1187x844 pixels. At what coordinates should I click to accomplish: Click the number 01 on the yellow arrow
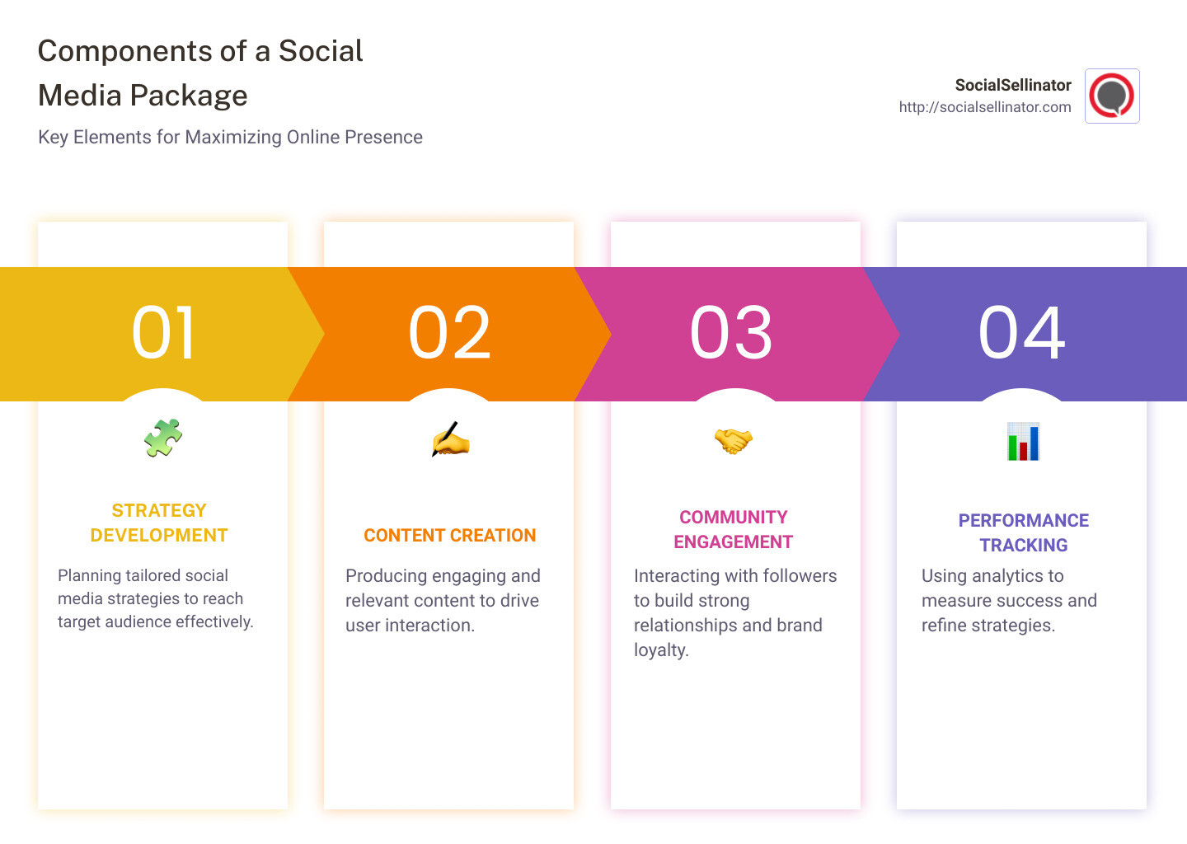coord(163,333)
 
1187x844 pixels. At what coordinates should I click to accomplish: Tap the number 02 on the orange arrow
coord(449,333)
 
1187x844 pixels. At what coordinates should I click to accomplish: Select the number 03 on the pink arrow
coord(731,333)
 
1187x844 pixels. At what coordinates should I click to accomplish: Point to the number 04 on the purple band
coord(1021,333)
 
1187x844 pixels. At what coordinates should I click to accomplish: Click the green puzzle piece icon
coord(163,438)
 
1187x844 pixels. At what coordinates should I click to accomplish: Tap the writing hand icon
coord(450,440)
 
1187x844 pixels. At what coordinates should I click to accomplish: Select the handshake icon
coord(734,441)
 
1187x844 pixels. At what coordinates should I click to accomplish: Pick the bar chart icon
coord(1023,442)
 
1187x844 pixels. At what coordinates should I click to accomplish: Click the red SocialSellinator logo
coord(1111,96)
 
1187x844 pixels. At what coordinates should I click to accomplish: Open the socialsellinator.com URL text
coord(985,107)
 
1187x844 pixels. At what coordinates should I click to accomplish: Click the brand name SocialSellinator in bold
coord(1012,85)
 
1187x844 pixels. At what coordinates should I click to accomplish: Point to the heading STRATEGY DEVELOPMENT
coord(159,523)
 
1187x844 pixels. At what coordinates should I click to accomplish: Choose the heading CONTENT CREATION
coord(450,536)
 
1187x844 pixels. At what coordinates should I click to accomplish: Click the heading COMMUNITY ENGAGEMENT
coord(734,529)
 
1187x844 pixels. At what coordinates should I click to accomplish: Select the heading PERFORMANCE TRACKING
coord(1023,532)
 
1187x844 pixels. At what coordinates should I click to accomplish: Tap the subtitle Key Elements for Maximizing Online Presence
coord(230,137)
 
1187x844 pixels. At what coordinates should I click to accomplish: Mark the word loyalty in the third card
coord(660,649)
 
